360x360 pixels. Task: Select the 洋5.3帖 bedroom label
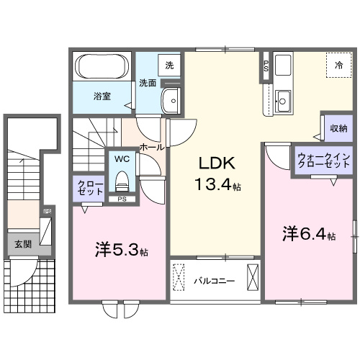[122, 251]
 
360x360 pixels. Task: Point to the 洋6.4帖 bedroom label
[308, 234]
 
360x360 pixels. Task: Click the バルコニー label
[215, 281]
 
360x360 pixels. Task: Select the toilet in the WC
[120, 177]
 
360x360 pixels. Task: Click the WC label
[120, 158]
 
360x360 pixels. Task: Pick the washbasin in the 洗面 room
[171, 99]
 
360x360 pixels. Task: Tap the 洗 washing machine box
[170, 65]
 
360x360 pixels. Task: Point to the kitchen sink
[282, 101]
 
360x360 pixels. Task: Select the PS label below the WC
[122, 199]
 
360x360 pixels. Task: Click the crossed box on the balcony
[252, 277]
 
